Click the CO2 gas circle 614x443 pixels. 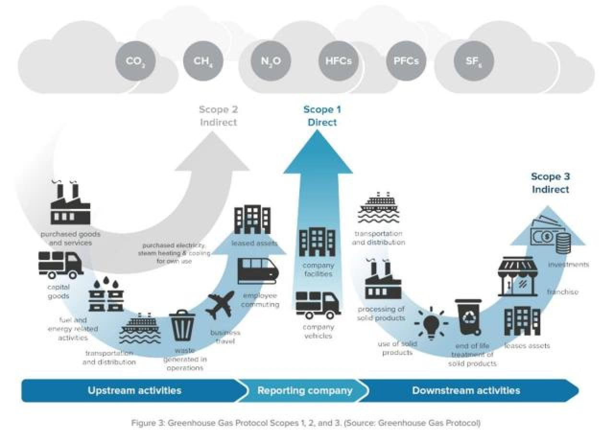[135, 61]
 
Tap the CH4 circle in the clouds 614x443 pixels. [203, 61]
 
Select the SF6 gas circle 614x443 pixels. [473, 61]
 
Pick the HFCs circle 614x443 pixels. [338, 61]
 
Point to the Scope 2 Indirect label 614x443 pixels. [218, 116]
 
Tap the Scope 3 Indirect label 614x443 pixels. [550, 183]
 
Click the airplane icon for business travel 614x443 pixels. [220, 305]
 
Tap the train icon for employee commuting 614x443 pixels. [258, 271]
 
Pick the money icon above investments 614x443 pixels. [549, 235]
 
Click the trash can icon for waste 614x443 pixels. [182, 325]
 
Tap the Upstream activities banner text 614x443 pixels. [134, 390]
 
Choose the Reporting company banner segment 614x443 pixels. [305, 390]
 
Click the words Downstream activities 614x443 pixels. [466, 390]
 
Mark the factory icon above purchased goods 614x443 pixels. [70, 204]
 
